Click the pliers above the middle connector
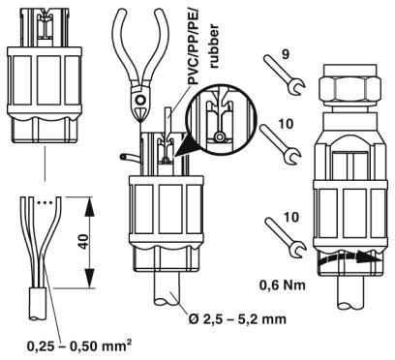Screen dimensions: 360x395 [x=145, y=58]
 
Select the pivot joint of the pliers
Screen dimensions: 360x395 [x=143, y=98]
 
